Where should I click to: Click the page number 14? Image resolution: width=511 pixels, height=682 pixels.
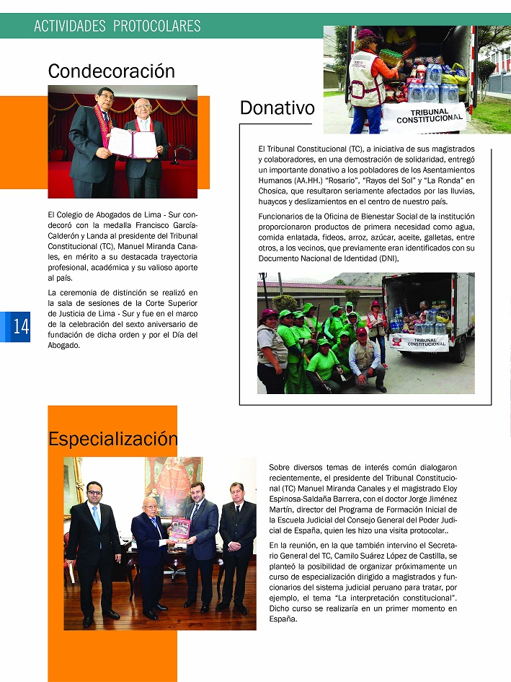pyautogui.click(x=20, y=327)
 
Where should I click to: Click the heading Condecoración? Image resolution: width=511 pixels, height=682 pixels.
pyautogui.click(x=111, y=71)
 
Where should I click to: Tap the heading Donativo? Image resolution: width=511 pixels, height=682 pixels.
pyautogui.click(x=277, y=108)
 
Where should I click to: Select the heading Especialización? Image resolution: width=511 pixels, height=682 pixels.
pyautogui.click(x=112, y=438)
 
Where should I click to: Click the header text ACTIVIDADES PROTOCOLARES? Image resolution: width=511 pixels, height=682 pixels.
pyautogui.click(x=117, y=27)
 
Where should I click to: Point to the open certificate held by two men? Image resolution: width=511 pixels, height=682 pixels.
pyautogui.click(x=132, y=143)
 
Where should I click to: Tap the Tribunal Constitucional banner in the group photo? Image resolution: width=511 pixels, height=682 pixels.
pyautogui.click(x=419, y=341)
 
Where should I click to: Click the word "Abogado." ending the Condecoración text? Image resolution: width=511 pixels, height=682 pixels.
pyautogui.click(x=63, y=344)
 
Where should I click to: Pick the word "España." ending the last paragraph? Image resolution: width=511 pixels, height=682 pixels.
pyautogui.click(x=282, y=618)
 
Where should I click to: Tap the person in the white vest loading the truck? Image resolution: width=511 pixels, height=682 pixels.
pyautogui.click(x=368, y=79)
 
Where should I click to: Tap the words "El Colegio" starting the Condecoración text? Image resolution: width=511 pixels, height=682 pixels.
pyautogui.click(x=66, y=215)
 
